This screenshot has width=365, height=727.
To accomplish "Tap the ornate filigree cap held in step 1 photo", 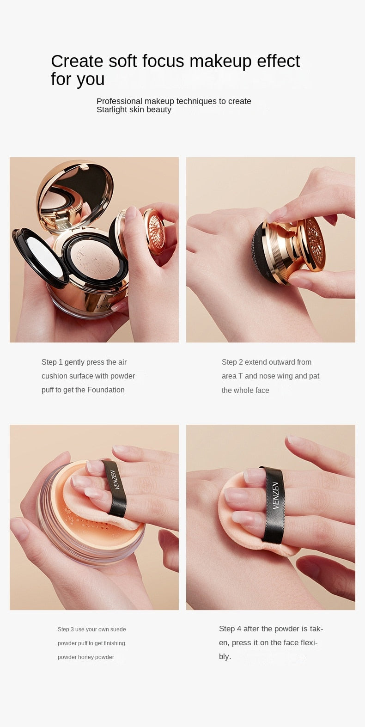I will (155, 231).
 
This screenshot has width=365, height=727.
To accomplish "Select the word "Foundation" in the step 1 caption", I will (106, 390).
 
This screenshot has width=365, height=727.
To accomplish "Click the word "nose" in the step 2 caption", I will (267, 376).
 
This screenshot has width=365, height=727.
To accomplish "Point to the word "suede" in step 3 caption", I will (118, 629).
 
